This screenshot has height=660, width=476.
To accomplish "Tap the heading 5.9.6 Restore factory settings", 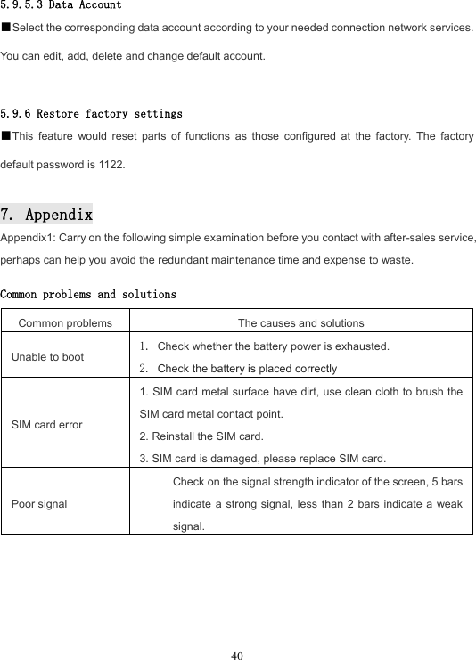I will [x=92, y=114].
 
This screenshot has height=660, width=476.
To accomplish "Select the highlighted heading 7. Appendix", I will [x=46, y=215].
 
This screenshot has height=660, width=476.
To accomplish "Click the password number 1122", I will [x=114, y=165].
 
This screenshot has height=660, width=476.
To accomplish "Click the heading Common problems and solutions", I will [x=88, y=294].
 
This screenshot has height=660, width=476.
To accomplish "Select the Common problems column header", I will [x=65, y=322].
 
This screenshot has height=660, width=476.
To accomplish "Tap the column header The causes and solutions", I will [x=300, y=322].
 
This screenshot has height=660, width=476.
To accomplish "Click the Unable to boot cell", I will [x=48, y=356].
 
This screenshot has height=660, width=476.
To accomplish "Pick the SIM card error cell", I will [x=47, y=424].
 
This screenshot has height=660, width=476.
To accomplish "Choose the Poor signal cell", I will [x=39, y=503].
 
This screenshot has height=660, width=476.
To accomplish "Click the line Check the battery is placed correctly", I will [x=247, y=368].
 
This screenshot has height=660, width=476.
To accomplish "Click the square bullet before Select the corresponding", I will [x=5, y=29].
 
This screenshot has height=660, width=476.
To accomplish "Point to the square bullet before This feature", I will [x=5, y=137].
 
